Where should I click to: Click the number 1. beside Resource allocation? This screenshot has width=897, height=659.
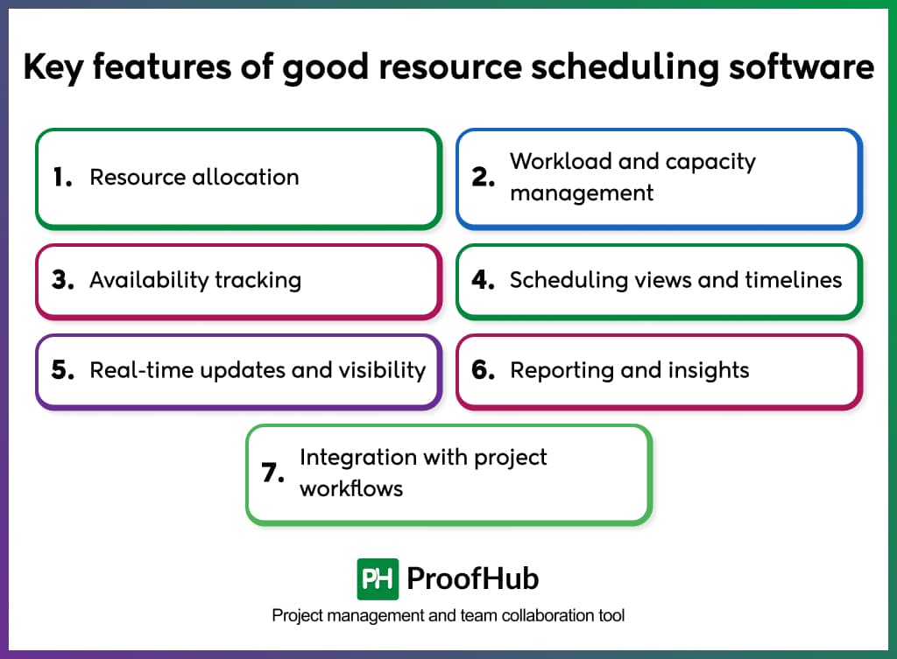[61, 178]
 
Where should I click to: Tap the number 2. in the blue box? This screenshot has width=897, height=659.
[484, 178]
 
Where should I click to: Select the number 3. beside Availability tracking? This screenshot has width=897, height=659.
[62, 281]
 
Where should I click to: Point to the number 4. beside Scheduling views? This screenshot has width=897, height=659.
[484, 281]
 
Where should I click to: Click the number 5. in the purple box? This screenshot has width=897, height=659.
[62, 370]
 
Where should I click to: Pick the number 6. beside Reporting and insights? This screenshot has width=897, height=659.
[484, 370]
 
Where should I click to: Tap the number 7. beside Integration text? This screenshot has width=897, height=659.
[273, 473]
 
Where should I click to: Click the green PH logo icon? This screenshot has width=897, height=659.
[378, 578]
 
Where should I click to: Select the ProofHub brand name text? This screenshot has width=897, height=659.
[473, 578]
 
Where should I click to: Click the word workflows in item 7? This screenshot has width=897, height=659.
[351, 488]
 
